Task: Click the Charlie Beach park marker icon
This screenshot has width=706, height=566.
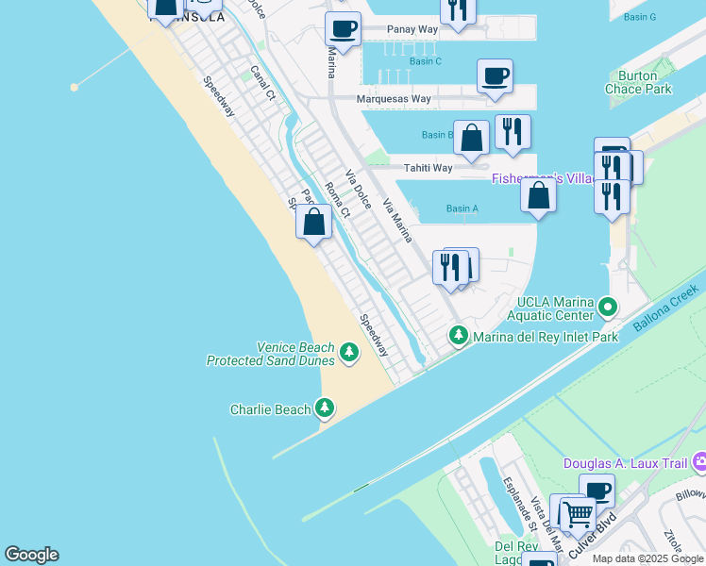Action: pos(325,408)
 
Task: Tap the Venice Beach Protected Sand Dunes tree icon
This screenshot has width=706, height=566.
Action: pos(349,353)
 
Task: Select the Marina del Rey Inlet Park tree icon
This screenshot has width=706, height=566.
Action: pos(459,335)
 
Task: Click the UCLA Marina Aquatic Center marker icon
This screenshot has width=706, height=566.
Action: pos(608,308)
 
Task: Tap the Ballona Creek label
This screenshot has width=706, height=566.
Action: pos(668,312)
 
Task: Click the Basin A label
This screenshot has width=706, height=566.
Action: pos(462,208)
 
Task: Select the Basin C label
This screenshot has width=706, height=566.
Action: pos(426,61)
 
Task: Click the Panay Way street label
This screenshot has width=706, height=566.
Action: pos(413,29)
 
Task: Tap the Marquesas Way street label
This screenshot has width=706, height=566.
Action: pos(394,98)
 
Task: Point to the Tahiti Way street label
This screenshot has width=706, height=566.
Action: pos(429,168)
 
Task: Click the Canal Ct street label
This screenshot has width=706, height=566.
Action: pos(262,83)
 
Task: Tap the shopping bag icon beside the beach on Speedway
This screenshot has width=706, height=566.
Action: pos(313,223)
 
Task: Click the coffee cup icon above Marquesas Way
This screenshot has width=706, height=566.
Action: pos(495,75)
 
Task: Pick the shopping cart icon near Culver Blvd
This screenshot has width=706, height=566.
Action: pos(577,514)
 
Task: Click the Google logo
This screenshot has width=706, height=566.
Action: pos(31,555)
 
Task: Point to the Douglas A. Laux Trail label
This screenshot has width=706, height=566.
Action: pos(627,463)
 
